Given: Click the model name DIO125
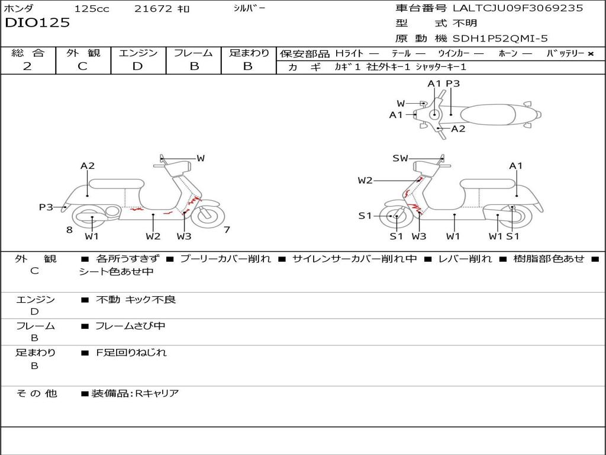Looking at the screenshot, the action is tap(37, 23).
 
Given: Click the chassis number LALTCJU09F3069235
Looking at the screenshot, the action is tap(518, 8).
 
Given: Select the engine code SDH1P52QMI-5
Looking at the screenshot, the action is tap(500, 38).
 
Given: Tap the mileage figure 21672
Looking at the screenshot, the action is tap(153, 9).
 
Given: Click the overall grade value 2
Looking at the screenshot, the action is tap(27, 66).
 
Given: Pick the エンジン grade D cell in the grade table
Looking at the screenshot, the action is tap(137, 66).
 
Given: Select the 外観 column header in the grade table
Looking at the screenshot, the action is tap(83, 53).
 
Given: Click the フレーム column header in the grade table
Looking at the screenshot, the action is tap(194, 53).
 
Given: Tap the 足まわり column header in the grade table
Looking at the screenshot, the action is tap(249, 53).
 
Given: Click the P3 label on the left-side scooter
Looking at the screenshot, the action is tap(46, 207).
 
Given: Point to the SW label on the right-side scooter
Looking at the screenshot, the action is tap(401, 158).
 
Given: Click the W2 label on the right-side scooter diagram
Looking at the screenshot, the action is tap(365, 180).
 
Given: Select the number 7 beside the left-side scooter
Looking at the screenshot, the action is tap(227, 230).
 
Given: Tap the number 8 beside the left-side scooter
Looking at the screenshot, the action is tap(69, 230).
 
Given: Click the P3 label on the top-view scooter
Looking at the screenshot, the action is tap(453, 84).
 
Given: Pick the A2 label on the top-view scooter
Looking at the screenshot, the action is tap(458, 129).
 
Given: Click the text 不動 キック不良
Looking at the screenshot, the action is tap(136, 300).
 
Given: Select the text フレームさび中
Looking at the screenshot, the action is tap(130, 326).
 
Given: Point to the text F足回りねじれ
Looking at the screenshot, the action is tap(131, 353).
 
